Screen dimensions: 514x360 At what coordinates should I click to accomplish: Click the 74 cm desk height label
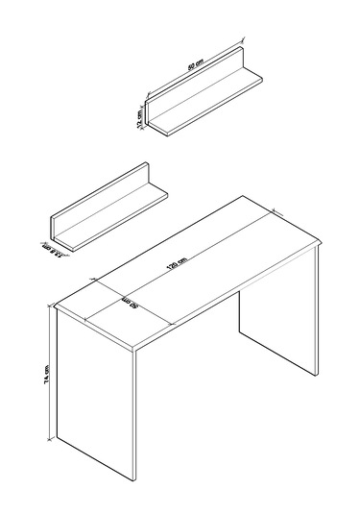click(x=45, y=379)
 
